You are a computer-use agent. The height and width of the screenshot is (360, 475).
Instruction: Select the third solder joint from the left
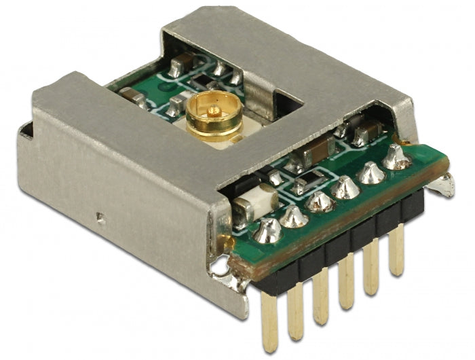(319, 202)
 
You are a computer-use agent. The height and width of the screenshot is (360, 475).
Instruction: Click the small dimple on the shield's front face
(100, 219)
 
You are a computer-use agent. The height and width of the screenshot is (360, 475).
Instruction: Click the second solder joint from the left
(294, 215)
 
